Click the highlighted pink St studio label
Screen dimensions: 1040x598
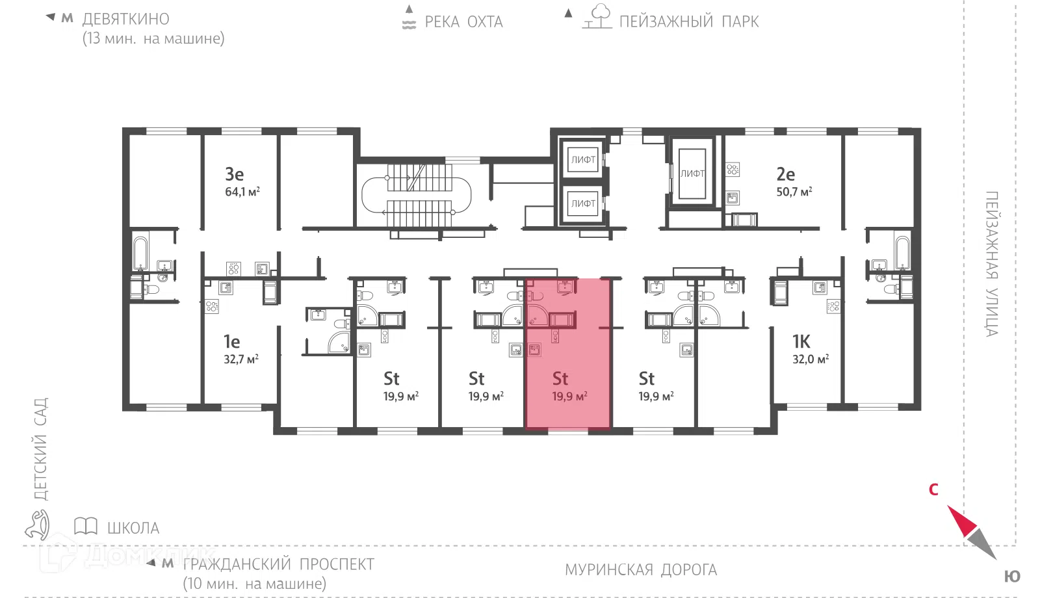tap(560, 378)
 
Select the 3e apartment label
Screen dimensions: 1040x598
tap(235, 174)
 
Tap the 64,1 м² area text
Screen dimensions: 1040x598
tap(242, 191)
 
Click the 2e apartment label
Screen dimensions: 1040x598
tap(786, 174)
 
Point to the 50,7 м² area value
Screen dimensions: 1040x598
tap(794, 191)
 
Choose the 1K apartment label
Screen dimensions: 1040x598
tap(801, 342)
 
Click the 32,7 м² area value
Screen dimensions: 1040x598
tap(241, 359)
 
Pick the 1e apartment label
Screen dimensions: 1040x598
tap(231, 342)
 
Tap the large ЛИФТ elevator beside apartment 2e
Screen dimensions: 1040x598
tap(692, 174)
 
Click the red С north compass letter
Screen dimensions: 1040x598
tap(933, 489)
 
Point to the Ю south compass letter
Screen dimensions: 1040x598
tap(1012, 576)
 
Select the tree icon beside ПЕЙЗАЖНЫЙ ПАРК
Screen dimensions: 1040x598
tap(597, 16)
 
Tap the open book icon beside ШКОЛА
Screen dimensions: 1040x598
tap(85, 526)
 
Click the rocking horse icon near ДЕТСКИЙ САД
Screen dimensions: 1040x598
tap(38, 525)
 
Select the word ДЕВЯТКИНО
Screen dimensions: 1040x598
tap(126, 19)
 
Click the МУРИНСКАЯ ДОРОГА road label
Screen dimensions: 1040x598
tap(641, 569)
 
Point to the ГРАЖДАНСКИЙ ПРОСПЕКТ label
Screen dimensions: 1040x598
tap(279, 564)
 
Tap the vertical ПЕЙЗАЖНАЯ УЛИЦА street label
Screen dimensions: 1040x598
tap(992, 264)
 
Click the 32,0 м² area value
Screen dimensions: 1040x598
tap(810, 359)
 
